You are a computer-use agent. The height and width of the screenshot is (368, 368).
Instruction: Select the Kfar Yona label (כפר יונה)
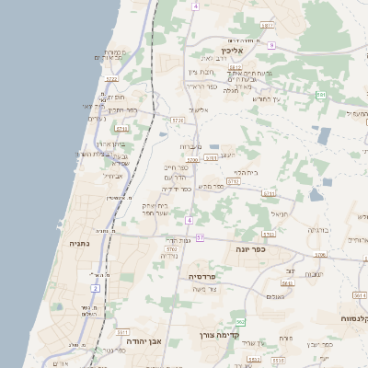pos(249,248)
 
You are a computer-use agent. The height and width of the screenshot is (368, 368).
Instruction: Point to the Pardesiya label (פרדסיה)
pos(201,275)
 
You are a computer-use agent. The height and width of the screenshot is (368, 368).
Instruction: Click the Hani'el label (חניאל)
pos(280,213)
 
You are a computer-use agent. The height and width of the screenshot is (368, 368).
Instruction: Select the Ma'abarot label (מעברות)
pos(190,146)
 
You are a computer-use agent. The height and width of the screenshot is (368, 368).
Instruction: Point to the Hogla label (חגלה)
pos(232,91)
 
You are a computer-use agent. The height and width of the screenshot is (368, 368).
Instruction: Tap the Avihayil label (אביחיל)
pos(112,176)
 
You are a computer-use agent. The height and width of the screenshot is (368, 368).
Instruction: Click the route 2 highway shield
pos(95,288)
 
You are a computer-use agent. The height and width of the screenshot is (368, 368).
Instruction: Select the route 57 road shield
pos(200,237)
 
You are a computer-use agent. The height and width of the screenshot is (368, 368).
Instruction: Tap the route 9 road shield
pos(272,43)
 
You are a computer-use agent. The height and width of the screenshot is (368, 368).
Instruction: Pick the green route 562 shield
pos(240,321)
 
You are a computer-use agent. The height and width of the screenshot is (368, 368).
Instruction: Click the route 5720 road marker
pos(178,120)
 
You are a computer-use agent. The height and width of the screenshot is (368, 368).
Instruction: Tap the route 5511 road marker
pos(122,328)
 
